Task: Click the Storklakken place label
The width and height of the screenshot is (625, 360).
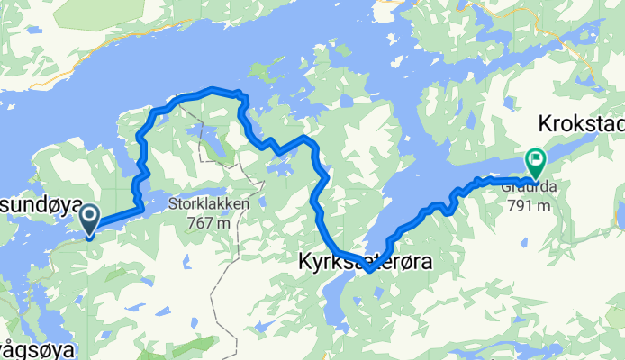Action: tap(207, 203)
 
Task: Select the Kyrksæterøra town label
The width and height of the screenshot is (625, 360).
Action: tap(365, 261)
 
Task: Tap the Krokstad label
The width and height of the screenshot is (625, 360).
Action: tap(581, 122)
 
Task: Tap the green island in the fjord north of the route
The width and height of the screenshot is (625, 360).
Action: tap(261, 71)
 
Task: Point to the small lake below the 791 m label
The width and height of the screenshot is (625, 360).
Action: tap(523, 239)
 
